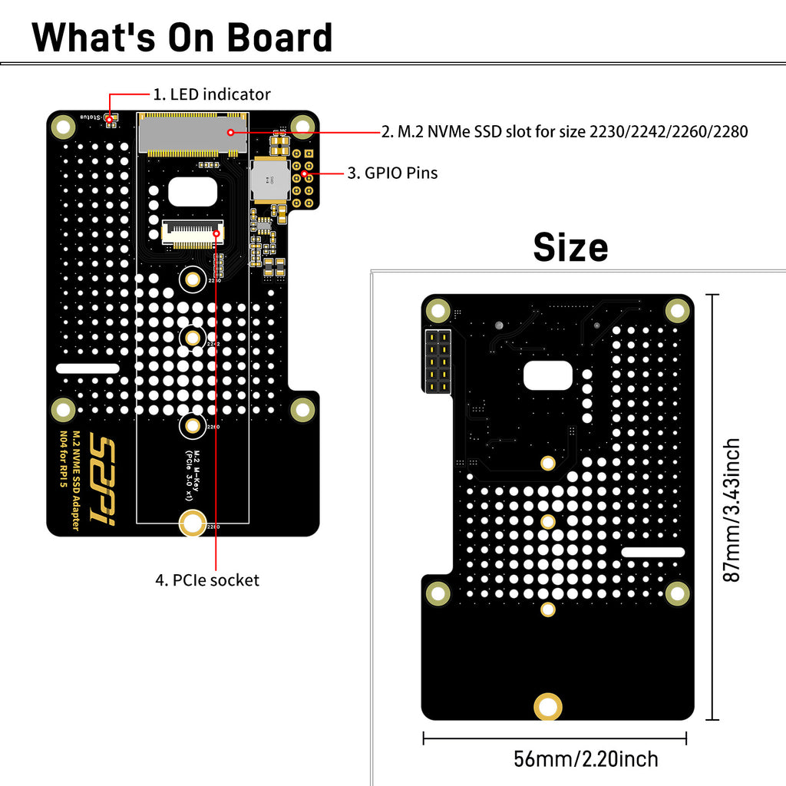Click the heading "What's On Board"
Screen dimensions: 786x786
(x=182, y=37)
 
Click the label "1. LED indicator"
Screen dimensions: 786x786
(x=212, y=94)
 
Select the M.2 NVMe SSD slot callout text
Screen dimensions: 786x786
(x=564, y=131)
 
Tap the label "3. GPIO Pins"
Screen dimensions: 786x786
(x=392, y=173)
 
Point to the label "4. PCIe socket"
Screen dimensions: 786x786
(x=207, y=580)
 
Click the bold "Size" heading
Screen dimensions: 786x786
(x=570, y=247)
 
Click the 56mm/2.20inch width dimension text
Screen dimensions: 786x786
(x=586, y=759)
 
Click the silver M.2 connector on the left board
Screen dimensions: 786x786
(x=193, y=134)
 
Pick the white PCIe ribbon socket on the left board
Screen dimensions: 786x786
(x=190, y=232)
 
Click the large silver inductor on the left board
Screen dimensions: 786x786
(x=269, y=178)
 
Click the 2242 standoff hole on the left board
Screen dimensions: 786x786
(x=192, y=336)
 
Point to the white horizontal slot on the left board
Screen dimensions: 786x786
(x=88, y=368)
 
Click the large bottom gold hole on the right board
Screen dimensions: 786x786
(x=548, y=706)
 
